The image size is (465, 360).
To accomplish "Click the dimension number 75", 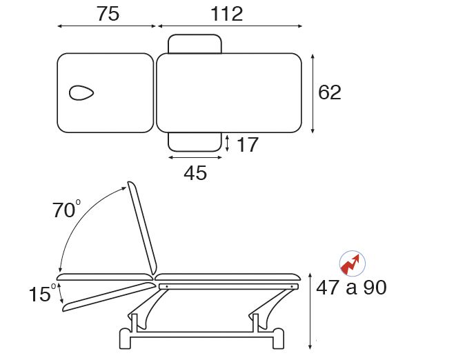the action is coord(108,14).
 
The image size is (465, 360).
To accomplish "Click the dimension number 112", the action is coord(227,14).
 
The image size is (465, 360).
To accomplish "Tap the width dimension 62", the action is coord(330,92).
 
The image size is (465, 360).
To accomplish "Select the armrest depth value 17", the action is coord(248,145).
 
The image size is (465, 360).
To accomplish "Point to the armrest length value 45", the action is coord(195,173).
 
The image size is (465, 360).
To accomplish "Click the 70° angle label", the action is coord(66,209).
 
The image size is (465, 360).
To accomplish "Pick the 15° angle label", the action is coord(42,293).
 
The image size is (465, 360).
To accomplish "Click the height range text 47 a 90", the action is coord(351,288).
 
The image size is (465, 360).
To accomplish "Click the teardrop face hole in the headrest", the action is coord(81,93).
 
